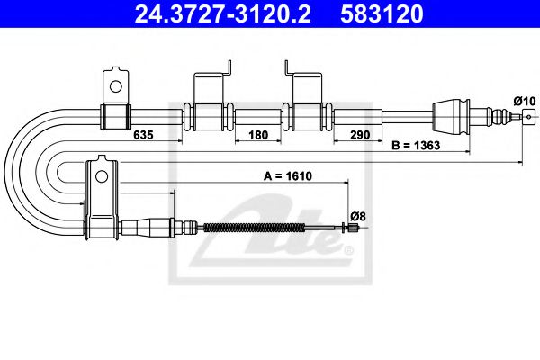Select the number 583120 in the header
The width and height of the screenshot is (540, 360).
coord(382,14)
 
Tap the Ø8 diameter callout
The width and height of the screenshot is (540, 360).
coord(357,216)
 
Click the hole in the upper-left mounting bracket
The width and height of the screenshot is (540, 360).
coord(114,86)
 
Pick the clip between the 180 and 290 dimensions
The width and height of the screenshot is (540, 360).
coord(306,115)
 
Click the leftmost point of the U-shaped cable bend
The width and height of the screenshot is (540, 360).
coord(5,171)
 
